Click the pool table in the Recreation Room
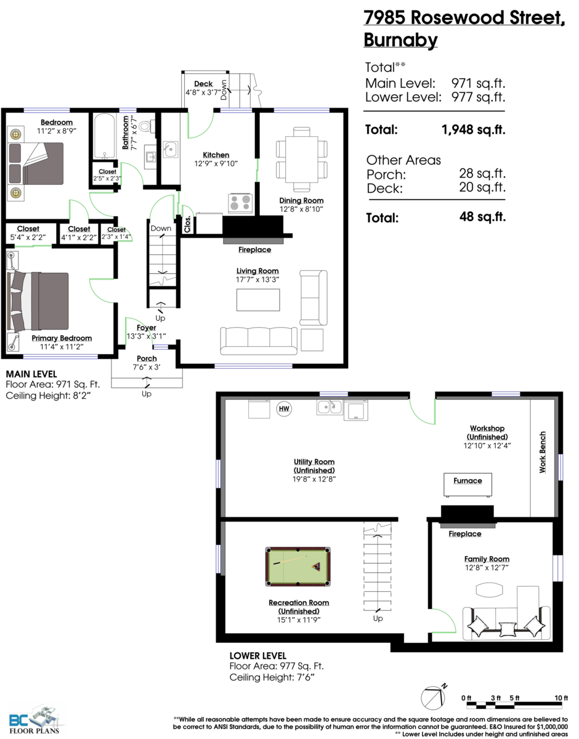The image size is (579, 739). (298, 565)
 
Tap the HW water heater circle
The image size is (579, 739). (285, 408)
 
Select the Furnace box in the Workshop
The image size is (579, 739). (468, 485)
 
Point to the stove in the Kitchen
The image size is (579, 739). (241, 203)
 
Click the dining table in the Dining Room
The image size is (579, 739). (301, 159)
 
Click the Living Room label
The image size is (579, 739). (257, 271)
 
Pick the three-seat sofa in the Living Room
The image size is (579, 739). (258, 339)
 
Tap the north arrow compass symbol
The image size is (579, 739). (432, 698)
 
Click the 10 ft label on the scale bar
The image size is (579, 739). (561, 697)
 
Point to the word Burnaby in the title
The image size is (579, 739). (400, 40)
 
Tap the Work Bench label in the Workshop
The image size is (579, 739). (543, 452)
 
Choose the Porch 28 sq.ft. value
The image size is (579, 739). (482, 174)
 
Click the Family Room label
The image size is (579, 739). (487, 559)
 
